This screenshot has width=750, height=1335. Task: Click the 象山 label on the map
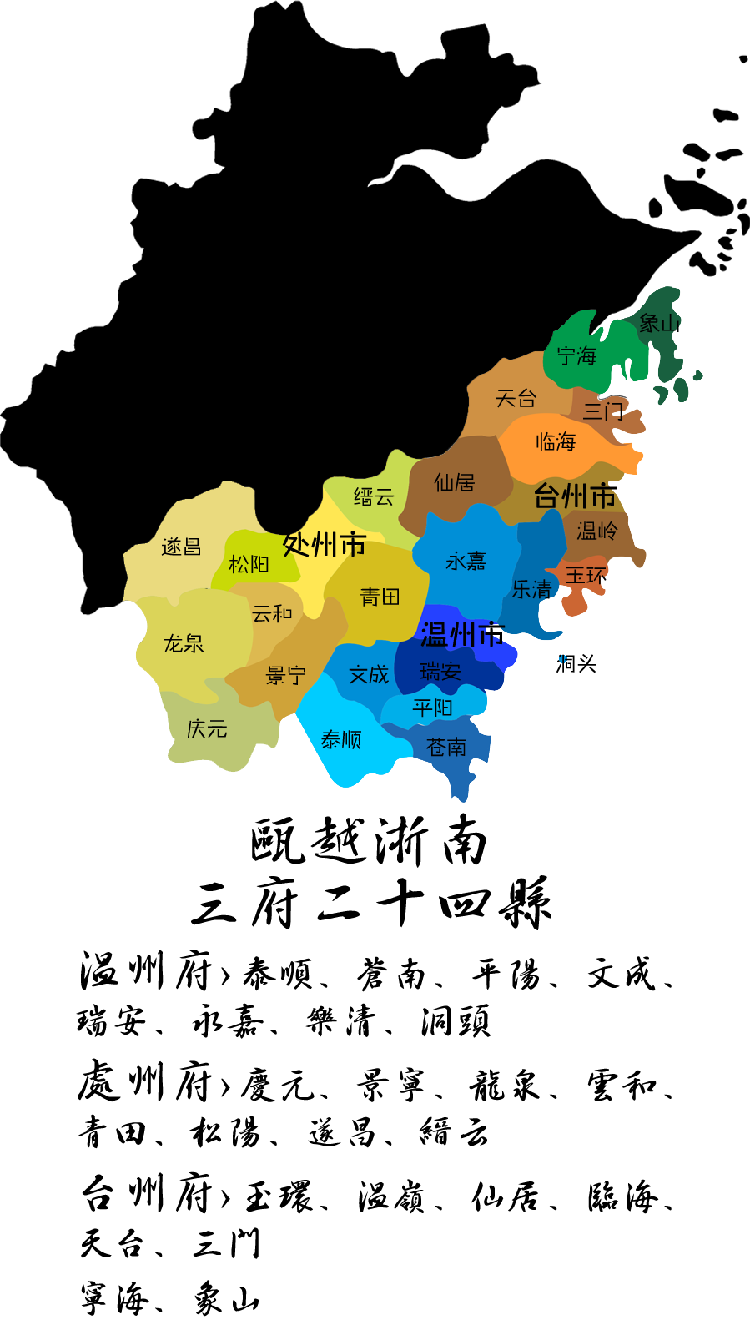(659, 323)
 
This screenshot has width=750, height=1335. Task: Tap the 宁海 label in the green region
(576, 356)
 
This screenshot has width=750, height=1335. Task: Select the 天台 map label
(516, 398)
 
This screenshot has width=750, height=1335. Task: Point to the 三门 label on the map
(602, 411)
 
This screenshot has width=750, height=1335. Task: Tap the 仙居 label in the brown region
(455, 482)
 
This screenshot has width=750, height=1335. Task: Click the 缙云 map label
(373, 497)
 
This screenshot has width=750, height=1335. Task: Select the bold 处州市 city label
(325, 545)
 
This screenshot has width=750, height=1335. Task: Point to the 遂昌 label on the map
(181, 547)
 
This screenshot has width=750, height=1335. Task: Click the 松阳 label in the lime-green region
(249, 565)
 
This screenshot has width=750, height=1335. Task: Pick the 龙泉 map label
(184, 643)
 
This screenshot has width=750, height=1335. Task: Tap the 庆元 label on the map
(207, 729)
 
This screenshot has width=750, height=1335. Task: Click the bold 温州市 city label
(462, 635)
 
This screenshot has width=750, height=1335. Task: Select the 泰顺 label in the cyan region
(340, 739)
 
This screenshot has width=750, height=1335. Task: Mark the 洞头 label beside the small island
(576, 664)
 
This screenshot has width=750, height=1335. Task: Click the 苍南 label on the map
(446, 747)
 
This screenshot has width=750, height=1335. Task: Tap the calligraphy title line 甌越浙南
(369, 840)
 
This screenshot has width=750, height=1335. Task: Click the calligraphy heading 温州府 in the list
(146, 972)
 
